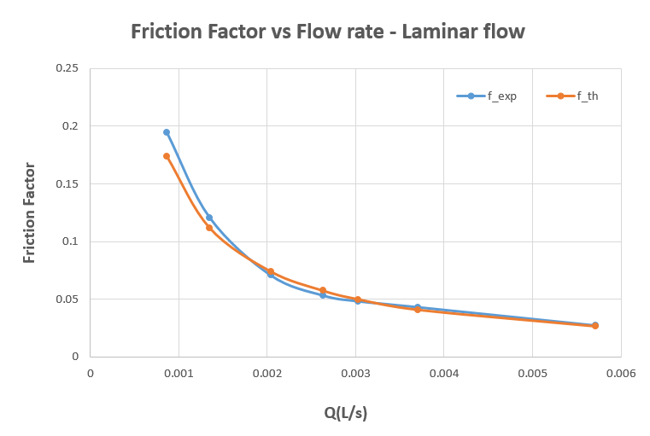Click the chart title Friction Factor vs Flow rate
pyautogui.click(x=327, y=32)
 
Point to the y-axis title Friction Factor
pyautogui.click(x=30, y=212)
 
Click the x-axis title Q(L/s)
pyautogui.click(x=345, y=412)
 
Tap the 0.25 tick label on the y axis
pyautogui.click(x=67, y=68)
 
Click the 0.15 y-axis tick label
pyautogui.click(x=67, y=183)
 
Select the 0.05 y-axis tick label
pyautogui.click(x=67, y=299)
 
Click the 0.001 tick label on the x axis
pyautogui.click(x=178, y=373)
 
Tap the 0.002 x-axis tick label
pyautogui.click(x=266, y=373)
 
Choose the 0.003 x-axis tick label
pyautogui.click(x=355, y=373)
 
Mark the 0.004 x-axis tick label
pyautogui.click(x=443, y=373)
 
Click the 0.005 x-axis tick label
pyautogui.click(x=532, y=373)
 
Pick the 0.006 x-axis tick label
pyautogui.click(x=620, y=373)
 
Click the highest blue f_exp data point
pyautogui.click(x=167, y=132)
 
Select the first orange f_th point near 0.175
pyautogui.click(x=167, y=156)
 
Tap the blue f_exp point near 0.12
pyautogui.click(x=209, y=218)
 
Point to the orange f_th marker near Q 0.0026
pyautogui.click(x=323, y=290)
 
